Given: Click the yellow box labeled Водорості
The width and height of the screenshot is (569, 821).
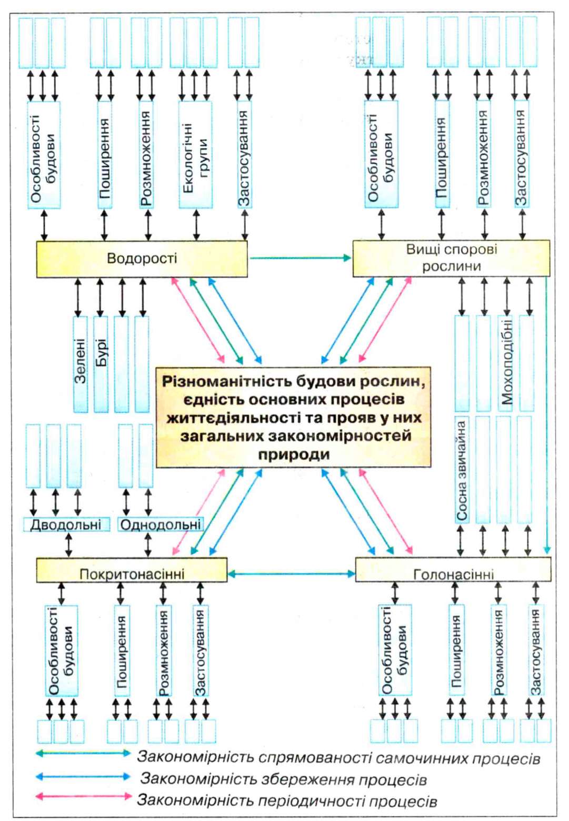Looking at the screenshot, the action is [142, 259].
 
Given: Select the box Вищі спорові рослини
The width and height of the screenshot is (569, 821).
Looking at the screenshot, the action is [451, 258].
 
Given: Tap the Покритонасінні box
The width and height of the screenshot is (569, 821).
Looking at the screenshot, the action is [132, 570].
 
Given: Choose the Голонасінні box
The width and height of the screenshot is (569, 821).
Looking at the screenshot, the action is [453, 569].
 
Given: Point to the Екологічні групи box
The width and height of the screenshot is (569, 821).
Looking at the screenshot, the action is [195, 155].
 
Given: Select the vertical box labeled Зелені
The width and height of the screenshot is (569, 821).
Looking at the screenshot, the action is [81, 364].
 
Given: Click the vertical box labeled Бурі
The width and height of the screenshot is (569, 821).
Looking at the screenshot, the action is [101, 364].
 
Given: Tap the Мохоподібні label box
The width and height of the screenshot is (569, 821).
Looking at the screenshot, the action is [506, 363].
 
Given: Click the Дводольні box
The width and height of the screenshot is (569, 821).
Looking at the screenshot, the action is [66, 525].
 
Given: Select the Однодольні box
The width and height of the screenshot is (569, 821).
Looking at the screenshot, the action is [161, 525].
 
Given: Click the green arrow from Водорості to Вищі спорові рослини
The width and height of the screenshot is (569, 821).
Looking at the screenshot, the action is [301, 258].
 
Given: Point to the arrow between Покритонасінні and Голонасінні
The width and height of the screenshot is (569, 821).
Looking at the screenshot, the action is [292, 573].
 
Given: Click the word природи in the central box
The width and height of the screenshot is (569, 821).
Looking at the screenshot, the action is [294, 455].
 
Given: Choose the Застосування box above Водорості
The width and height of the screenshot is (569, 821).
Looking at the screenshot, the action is [244, 155].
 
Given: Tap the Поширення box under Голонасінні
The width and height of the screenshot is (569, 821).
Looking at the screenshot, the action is [456, 650].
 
